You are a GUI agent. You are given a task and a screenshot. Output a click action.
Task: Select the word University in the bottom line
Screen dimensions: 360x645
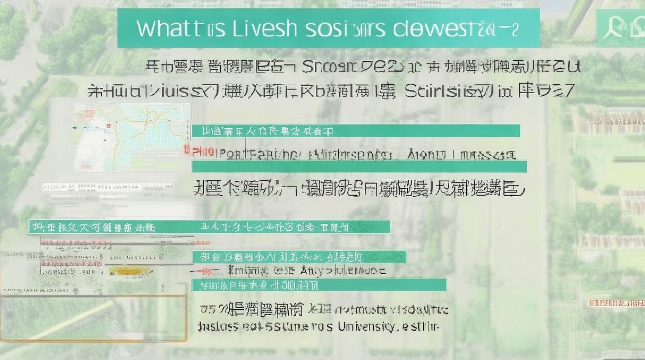coord(367,327)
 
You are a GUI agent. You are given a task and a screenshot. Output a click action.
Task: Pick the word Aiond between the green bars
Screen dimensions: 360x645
coord(427,155)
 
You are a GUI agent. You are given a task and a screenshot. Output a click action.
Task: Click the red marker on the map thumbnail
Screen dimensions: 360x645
coord(109,126)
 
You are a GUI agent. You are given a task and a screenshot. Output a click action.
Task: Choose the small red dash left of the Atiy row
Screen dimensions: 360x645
coord(204,271)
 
